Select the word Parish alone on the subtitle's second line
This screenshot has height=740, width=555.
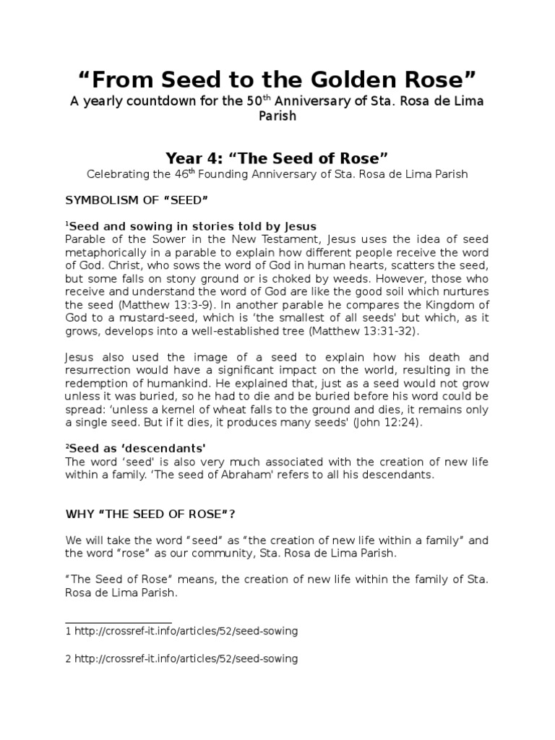(277, 116)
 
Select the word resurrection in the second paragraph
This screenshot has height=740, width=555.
(100, 370)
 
